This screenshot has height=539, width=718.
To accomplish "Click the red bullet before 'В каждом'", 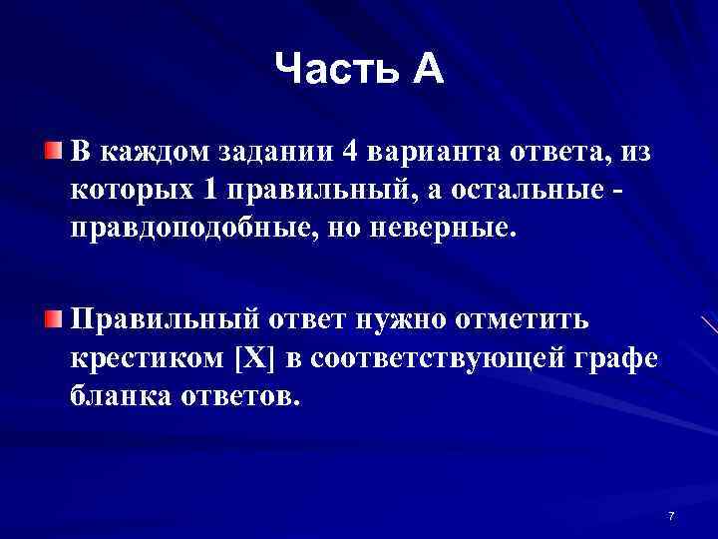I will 52,151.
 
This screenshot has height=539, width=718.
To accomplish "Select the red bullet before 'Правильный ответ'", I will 52,318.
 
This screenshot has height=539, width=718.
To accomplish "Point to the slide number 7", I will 671,516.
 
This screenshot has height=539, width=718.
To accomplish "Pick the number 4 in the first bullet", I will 349,152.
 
